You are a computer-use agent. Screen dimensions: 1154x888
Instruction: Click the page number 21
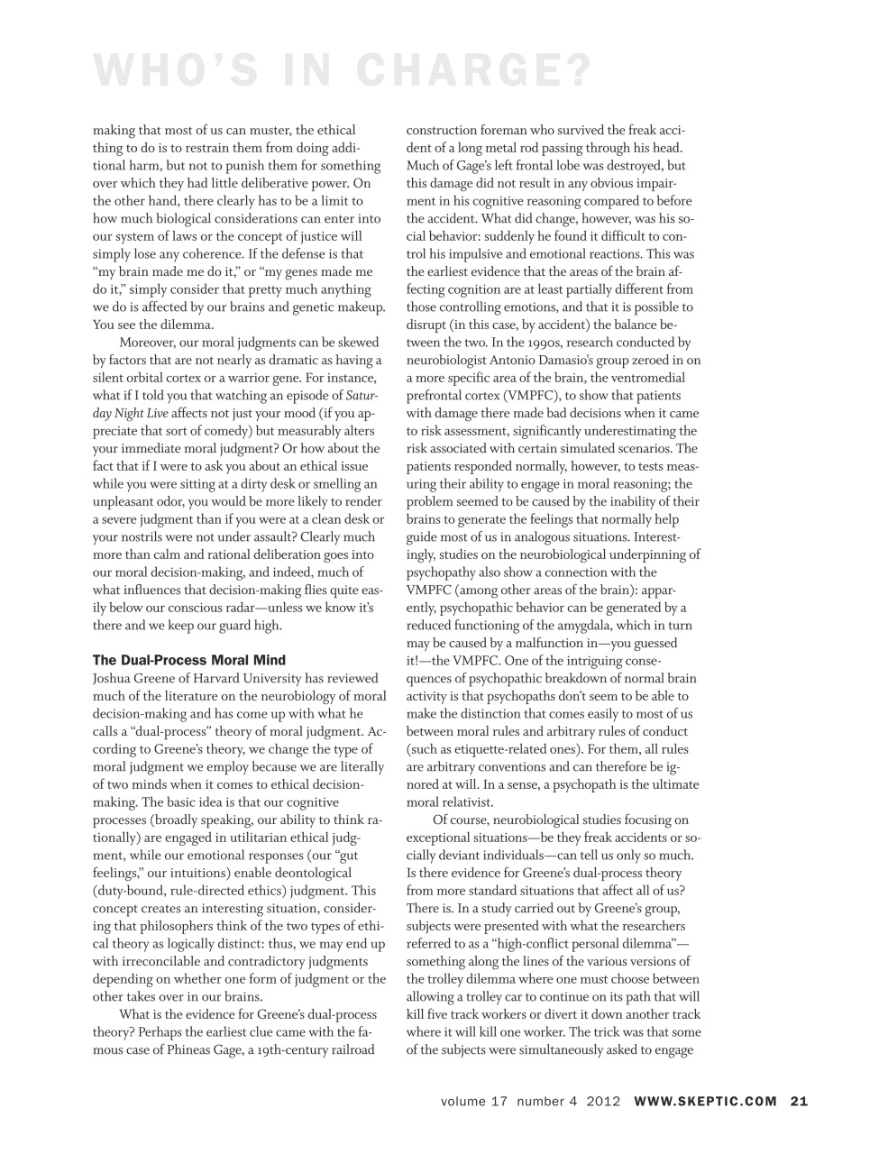799,1100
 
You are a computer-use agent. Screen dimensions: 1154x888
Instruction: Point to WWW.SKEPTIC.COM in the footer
706,1100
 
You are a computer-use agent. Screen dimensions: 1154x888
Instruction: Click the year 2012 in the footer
603,1100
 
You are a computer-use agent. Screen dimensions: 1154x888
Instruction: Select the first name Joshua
114,678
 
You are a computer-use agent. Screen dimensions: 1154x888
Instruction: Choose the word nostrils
138,536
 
